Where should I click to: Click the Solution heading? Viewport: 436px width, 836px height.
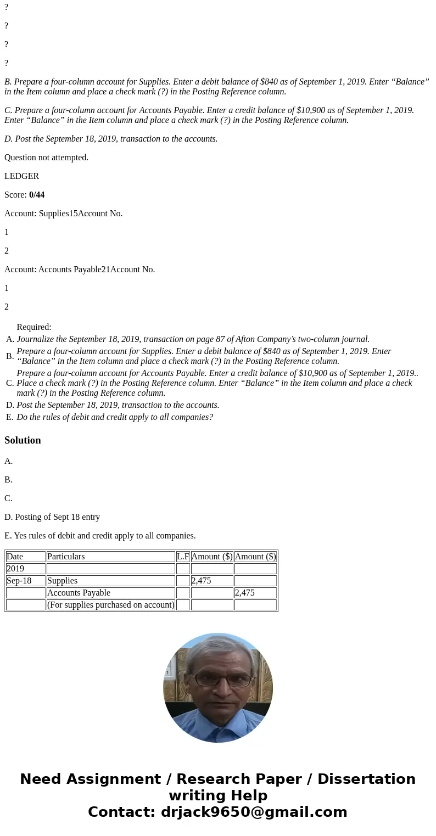pos(23,440)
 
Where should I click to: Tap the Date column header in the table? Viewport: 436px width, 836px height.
pos(15,557)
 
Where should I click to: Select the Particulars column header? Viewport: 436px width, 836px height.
pos(66,557)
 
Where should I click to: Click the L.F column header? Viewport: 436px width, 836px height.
pos(183,557)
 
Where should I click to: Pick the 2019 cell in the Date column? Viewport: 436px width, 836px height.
pos(15,569)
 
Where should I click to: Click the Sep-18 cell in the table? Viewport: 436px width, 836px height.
pos(19,581)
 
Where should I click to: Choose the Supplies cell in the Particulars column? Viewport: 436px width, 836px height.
pos(63,581)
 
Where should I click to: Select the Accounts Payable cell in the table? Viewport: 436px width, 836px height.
pos(79,593)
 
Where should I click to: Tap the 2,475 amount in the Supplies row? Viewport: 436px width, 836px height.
pos(202,581)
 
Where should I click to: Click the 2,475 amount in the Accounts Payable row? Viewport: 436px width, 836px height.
pos(245,593)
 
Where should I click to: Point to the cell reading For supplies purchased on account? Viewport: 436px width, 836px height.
pos(111,605)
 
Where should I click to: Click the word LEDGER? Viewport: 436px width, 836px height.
pos(21,176)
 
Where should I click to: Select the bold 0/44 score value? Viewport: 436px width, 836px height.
pos(37,195)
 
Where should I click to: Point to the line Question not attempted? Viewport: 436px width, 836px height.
pos(46,158)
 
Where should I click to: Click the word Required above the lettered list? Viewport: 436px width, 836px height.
pos(34,327)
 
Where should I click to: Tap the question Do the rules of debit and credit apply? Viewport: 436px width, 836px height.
pos(115,417)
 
